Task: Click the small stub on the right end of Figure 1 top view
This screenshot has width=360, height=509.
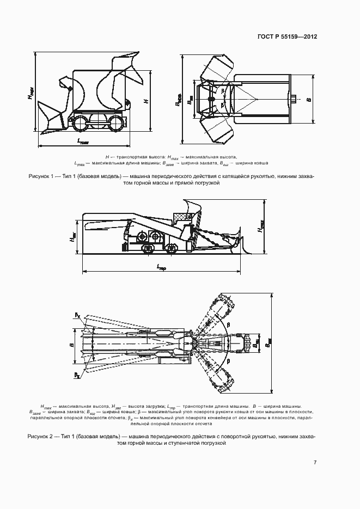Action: point(294,99)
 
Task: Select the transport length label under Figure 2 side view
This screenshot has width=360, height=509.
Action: point(161,267)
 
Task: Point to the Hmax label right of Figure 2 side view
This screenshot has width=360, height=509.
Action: point(260,226)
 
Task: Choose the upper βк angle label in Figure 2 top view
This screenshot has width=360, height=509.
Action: point(77,315)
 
